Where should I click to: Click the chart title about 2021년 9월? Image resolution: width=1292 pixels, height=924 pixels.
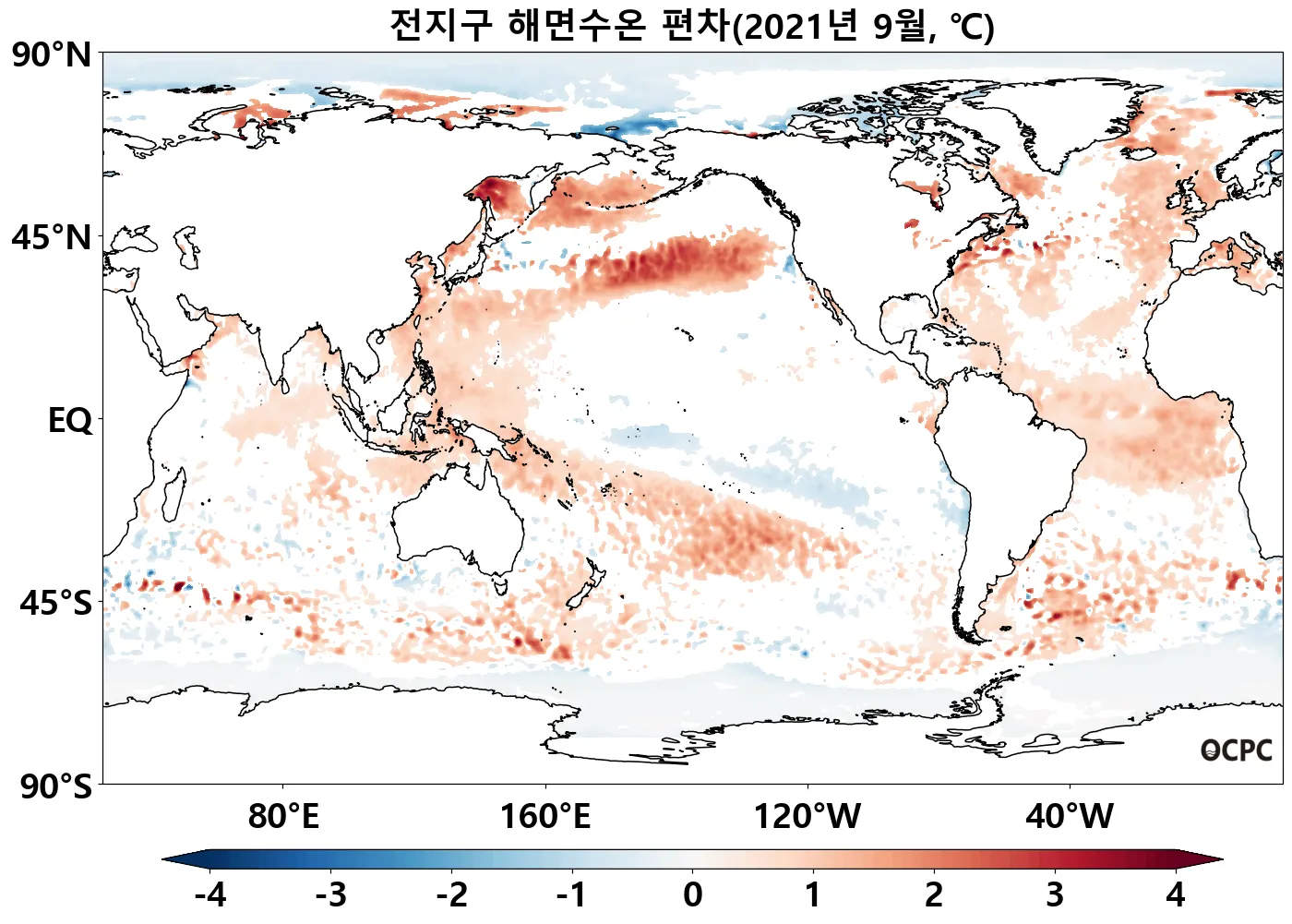691,25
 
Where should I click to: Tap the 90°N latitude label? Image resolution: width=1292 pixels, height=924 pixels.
52,54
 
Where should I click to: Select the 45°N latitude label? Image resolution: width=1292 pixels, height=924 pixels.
52,237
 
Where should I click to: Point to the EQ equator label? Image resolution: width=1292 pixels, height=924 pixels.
70,420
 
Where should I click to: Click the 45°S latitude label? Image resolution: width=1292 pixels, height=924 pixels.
55,603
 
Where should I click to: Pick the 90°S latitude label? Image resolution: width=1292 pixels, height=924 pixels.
55,786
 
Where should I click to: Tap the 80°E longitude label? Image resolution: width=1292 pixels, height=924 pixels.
283,817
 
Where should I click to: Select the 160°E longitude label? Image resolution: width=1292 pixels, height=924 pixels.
544,817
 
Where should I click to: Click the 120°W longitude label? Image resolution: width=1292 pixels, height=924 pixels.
807,817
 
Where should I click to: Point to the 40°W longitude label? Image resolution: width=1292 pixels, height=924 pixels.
1070,817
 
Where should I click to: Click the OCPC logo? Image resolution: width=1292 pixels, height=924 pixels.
1237,750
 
